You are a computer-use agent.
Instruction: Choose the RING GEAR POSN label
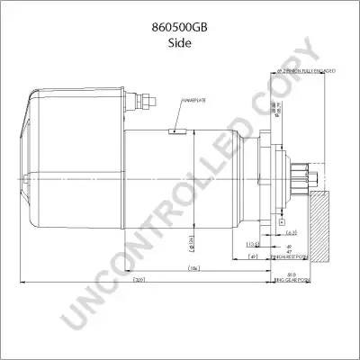pos(292,281)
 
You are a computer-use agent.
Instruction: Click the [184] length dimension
pos(193,269)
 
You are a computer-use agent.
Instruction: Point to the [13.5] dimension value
pos(253,243)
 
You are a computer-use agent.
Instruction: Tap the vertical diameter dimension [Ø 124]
pos(191,239)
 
